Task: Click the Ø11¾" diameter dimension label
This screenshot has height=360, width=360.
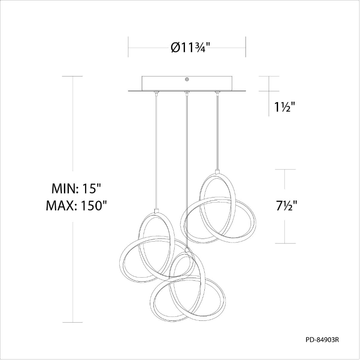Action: [x=190, y=48]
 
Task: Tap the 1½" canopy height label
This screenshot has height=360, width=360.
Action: [x=285, y=107]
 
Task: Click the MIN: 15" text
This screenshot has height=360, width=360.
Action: [x=76, y=189]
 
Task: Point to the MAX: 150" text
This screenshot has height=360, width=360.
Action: [x=76, y=206]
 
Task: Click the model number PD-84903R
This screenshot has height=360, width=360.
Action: [x=322, y=340]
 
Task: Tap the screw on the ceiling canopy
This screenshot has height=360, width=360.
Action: [x=187, y=80]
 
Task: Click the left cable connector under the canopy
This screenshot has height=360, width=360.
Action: [x=156, y=93]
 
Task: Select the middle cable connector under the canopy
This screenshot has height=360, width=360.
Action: [x=187, y=93]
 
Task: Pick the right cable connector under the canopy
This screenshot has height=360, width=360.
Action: [x=216, y=93]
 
